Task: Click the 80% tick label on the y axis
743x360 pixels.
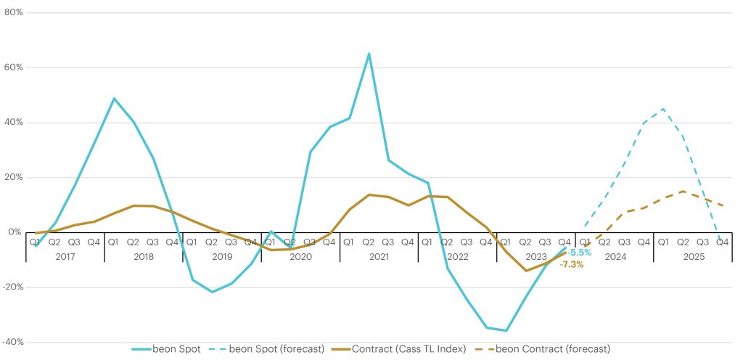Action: (x=15, y=12)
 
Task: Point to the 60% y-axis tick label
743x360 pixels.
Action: (x=15, y=67)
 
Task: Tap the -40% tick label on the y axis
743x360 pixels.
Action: (x=13, y=342)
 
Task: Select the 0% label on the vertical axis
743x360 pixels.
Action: (x=17, y=232)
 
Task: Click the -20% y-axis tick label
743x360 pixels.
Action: (x=13, y=287)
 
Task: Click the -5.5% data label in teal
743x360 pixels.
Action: (x=579, y=253)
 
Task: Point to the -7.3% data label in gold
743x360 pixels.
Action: (x=571, y=264)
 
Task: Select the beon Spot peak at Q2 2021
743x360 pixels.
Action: (x=369, y=54)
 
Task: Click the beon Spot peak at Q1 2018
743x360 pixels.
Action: (x=114, y=99)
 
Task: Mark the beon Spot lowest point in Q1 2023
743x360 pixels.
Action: (x=506, y=330)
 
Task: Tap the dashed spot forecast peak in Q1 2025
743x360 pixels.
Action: (x=662, y=110)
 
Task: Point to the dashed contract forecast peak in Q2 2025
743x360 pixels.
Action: (x=682, y=192)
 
